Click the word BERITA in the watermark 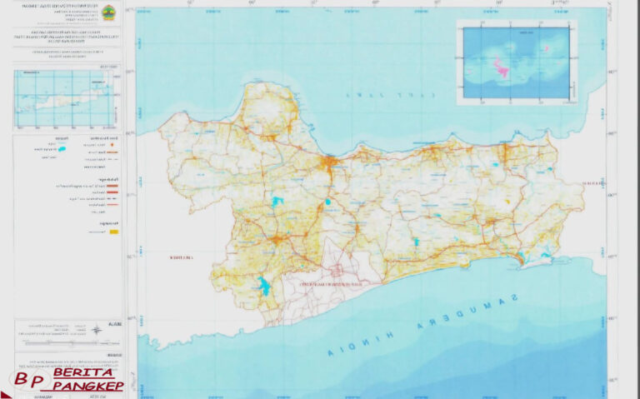[x=83, y=372]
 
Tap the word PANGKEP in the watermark [x=87, y=386]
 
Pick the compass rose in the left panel [x=97, y=330]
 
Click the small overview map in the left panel [x=65, y=98]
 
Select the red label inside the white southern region [x=334, y=284]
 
